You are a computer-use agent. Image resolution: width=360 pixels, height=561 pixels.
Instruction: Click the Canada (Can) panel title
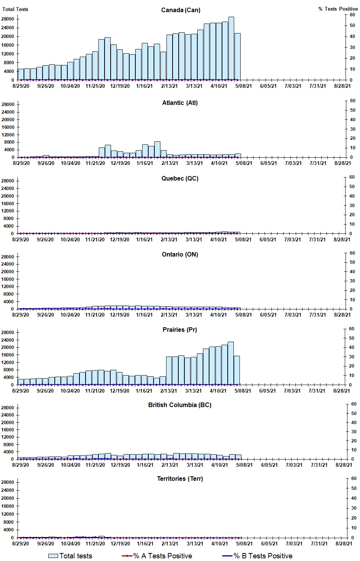(x=181, y=10)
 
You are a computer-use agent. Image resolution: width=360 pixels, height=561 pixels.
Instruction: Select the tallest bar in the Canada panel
(x=231, y=48)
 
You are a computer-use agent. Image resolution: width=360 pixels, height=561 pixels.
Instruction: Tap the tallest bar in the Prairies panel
(x=230, y=363)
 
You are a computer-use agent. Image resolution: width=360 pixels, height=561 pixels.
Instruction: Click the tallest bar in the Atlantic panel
(x=157, y=149)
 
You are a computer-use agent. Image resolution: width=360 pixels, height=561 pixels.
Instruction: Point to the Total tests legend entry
(x=70, y=556)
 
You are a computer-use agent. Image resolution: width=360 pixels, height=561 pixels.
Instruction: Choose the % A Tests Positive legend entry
(x=157, y=556)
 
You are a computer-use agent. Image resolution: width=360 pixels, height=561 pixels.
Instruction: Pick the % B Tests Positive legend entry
(x=257, y=556)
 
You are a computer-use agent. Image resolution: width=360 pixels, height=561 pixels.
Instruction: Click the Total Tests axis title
(x=15, y=9)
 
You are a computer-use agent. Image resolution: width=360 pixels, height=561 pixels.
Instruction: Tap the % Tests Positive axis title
(x=338, y=9)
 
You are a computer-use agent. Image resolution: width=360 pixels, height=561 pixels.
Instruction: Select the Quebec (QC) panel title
(x=180, y=178)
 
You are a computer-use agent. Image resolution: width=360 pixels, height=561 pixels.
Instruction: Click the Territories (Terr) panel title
(x=180, y=479)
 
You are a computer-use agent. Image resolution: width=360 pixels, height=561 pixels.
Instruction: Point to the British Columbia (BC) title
(x=180, y=405)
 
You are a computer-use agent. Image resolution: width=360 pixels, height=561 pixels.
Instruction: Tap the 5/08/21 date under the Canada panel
(x=243, y=86)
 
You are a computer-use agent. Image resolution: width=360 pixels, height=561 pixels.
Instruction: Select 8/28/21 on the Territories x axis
(x=344, y=544)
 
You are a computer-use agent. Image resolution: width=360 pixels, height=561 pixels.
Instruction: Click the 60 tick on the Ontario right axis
(x=352, y=253)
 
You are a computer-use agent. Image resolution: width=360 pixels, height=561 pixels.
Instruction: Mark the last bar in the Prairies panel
(x=237, y=370)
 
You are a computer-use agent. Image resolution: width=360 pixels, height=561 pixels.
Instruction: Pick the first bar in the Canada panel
(x=21, y=74)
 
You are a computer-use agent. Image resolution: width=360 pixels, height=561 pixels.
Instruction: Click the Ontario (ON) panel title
(x=180, y=254)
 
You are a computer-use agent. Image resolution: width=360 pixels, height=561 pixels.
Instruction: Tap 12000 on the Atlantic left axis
(x=8, y=135)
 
